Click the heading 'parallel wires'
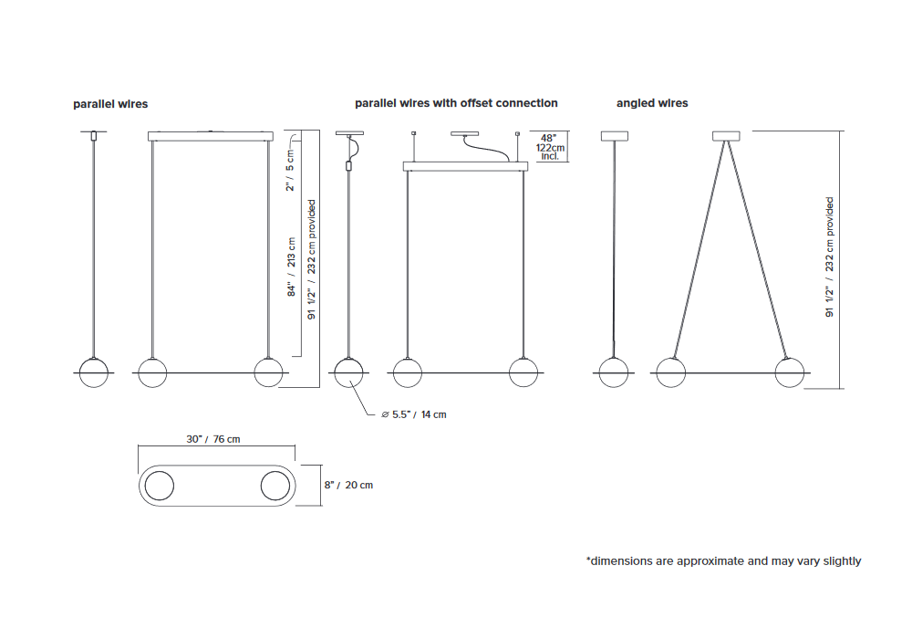(x=110, y=104)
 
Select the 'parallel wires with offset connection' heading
(x=456, y=103)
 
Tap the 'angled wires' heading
(x=652, y=103)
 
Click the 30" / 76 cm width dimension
(x=212, y=439)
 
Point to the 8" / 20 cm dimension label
(x=348, y=485)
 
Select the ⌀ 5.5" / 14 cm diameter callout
(x=413, y=414)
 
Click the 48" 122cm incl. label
(x=550, y=147)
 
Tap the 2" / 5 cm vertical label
(x=290, y=171)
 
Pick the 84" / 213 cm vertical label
(x=292, y=267)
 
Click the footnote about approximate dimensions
(x=723, y=561)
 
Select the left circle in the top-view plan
(x=159, y=486)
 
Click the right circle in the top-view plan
(x=275, y=486)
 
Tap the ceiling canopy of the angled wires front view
(x=727, y=136)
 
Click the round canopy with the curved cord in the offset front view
(x=465, y=134)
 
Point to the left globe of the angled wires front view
(x=670, y=372)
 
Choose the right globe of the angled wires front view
(x=789, y=372)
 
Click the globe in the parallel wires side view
(x=94, y=372)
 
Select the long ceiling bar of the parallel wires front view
(x=211, y=136)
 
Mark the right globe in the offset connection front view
(x=523, y=372)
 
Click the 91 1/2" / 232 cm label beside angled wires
(x=829, y=257)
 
